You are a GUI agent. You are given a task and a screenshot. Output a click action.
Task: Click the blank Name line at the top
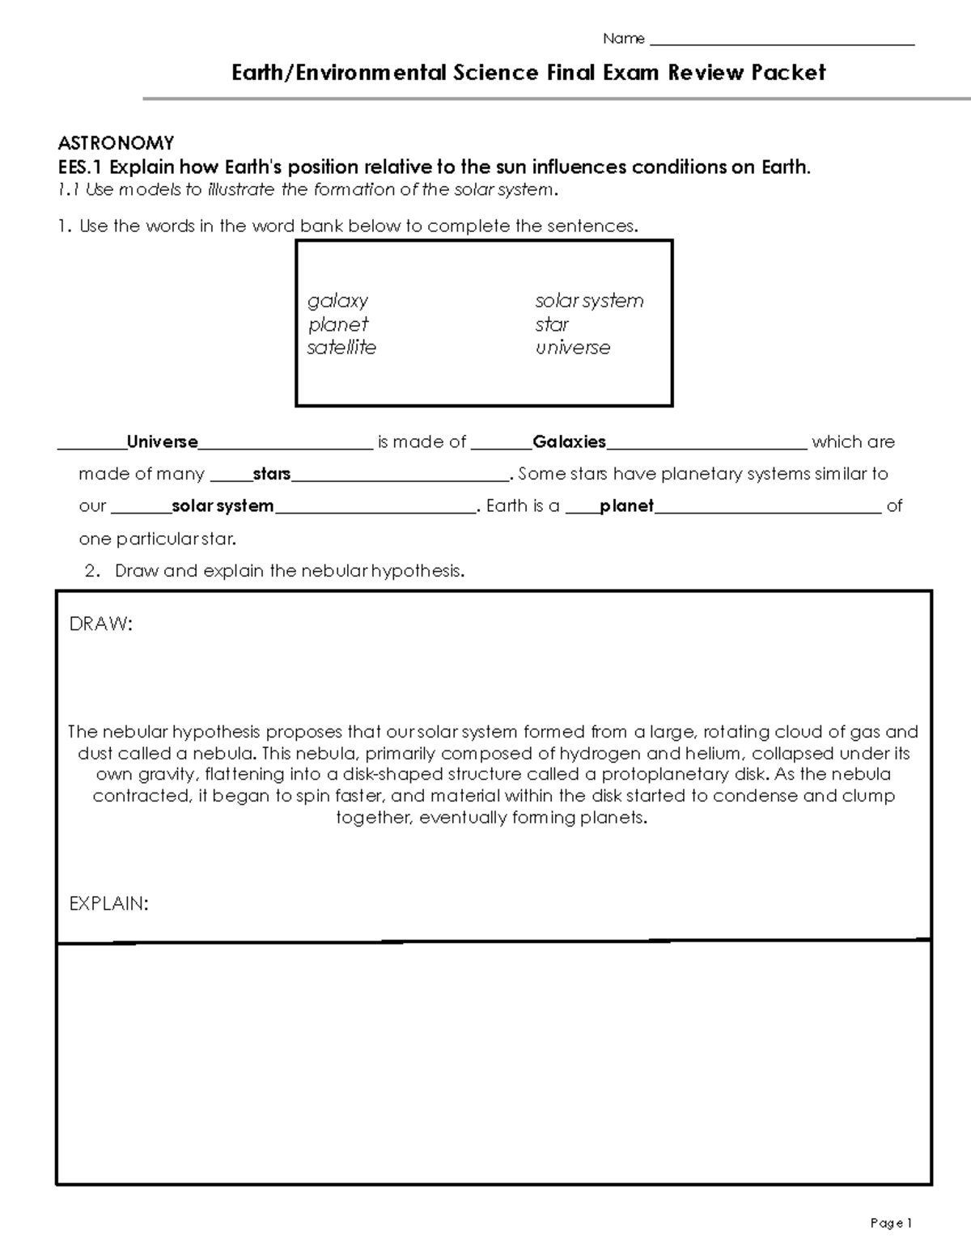782,40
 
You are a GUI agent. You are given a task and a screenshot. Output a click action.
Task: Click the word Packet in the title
788,73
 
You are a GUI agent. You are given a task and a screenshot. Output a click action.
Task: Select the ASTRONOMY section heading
116,143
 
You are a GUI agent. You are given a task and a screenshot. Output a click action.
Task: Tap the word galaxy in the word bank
337,301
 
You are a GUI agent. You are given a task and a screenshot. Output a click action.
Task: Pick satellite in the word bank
341,348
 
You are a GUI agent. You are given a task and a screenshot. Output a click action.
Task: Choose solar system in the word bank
589,301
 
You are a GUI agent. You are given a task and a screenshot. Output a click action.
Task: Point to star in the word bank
552,324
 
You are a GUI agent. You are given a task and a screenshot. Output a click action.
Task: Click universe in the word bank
573,348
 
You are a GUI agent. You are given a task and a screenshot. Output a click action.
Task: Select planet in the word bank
338,324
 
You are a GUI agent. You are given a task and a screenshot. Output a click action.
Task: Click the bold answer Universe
162,442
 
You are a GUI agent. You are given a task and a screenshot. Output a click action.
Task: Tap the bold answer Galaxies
569,442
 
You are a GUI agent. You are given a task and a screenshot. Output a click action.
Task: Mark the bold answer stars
272,474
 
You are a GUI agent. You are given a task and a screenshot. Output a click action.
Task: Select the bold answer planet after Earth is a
626,506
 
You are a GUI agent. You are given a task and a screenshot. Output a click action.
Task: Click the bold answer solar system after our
223,506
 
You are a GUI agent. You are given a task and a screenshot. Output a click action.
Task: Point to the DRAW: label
100,624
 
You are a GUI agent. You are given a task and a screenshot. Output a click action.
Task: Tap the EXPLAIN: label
108,904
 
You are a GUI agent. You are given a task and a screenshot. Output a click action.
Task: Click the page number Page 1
891,1223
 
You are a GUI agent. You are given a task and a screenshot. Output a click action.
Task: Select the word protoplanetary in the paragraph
665,774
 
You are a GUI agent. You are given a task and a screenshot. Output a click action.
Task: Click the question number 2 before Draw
91,571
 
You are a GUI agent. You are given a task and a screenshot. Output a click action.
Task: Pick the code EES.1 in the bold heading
81,167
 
